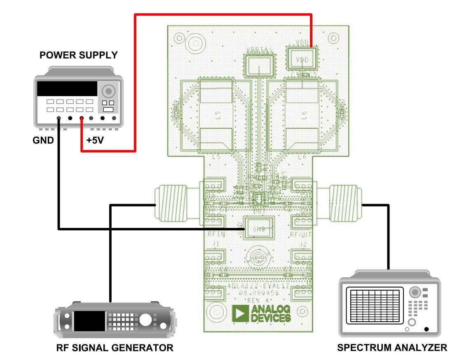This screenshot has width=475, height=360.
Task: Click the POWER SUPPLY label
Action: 79,55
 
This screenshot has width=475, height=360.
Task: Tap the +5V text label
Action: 95,140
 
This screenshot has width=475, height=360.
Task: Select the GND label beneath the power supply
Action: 43,140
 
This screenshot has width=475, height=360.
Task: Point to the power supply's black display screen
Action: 67,88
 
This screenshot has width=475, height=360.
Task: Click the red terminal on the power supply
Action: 82,118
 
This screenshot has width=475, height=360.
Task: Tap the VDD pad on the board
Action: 302,59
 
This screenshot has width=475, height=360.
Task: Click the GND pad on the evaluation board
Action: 258,228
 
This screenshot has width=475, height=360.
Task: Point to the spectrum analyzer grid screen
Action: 373,305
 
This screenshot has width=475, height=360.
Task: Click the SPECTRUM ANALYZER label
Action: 392,348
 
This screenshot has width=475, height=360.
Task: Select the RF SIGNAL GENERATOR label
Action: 115,348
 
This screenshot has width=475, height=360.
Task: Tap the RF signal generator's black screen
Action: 89,321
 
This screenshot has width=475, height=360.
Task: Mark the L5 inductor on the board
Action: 216,115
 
